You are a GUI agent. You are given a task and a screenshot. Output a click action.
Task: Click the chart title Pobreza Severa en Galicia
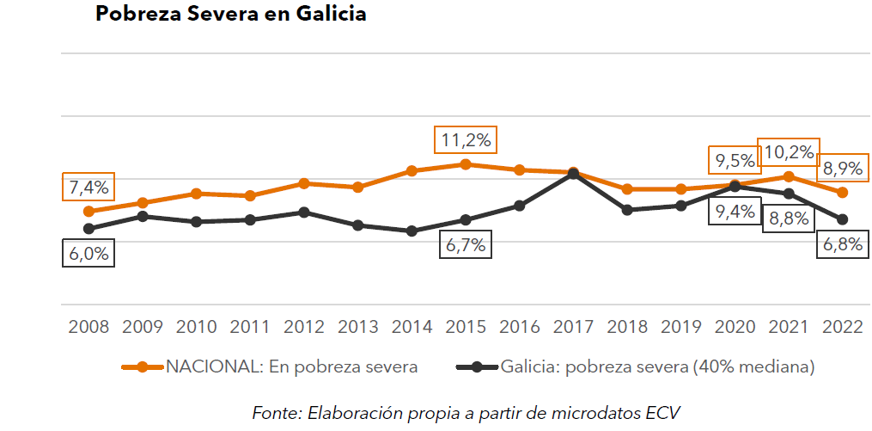[230, 15]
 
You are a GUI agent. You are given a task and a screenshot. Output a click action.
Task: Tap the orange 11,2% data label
[466, 139]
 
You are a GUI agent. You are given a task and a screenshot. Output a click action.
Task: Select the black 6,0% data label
[88, 254]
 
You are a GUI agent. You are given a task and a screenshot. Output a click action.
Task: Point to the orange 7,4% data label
[88, 188]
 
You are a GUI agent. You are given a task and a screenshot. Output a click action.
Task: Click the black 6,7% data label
[465, 244]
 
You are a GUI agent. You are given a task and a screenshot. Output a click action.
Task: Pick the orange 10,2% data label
[788, 152]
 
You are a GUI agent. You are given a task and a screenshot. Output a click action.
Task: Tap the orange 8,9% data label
[843, 168]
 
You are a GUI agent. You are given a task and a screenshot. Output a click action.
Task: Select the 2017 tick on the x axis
[573, 327]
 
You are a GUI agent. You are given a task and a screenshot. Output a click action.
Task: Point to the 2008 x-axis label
[88, 327]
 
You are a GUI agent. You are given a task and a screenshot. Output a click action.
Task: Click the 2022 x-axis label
[843, 327]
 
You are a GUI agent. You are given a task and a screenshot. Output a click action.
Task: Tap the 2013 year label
[357, 327]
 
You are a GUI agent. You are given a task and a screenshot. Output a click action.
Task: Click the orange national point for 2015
[466, 163]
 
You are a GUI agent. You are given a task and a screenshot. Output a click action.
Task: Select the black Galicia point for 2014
[412, 231]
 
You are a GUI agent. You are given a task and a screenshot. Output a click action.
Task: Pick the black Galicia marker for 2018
[627, 210]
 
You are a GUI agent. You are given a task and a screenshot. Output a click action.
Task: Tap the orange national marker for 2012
[304, 183]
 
